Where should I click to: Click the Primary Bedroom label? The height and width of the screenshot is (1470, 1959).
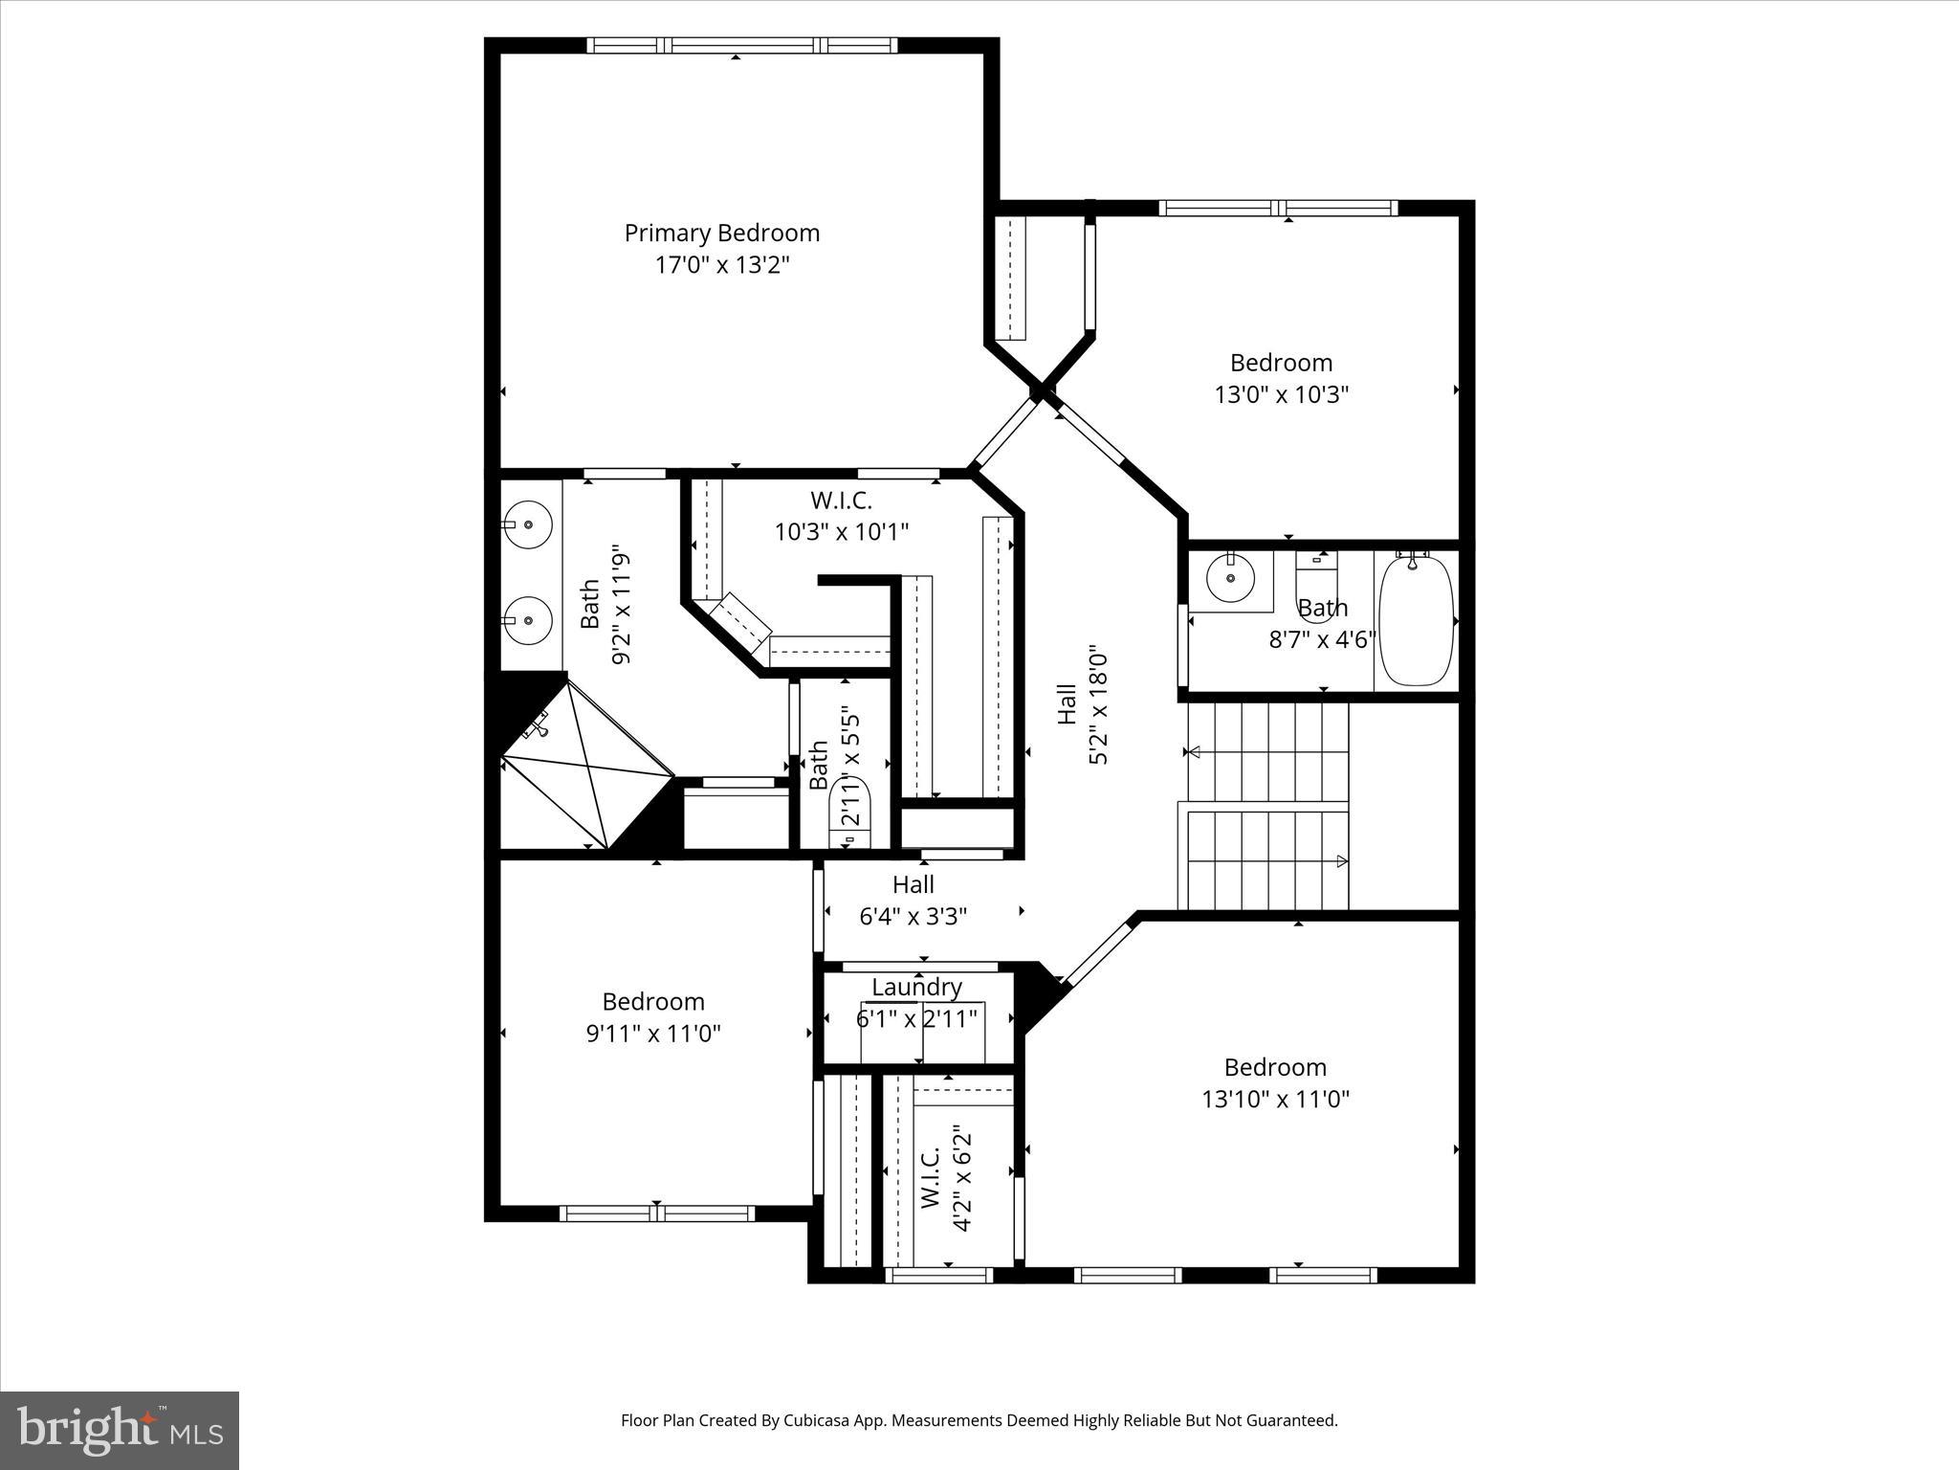click(x=722, y=234)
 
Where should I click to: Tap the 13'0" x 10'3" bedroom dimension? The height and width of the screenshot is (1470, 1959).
click(x=1281, y=394)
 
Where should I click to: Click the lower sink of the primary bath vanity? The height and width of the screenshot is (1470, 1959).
click(x=527, y=620)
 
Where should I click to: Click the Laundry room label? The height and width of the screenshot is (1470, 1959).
click(x=916, y=987)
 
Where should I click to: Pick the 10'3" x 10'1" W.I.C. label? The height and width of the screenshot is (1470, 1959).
click(x=841, y=531)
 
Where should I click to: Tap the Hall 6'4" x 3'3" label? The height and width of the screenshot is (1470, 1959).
click(x=913, y=901)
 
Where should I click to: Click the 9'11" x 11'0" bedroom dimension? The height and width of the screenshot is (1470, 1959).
click(x=652, y=1034)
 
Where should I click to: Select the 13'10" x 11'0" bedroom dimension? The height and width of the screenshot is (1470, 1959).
click(x=1275, y=1099)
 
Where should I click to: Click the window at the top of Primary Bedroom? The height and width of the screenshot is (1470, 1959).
click(x=741, y=45)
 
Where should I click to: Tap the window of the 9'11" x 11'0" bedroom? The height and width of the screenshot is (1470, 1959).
click(x=657, y=1214)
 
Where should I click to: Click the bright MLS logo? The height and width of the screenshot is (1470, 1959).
click(x=119, y=1430)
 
